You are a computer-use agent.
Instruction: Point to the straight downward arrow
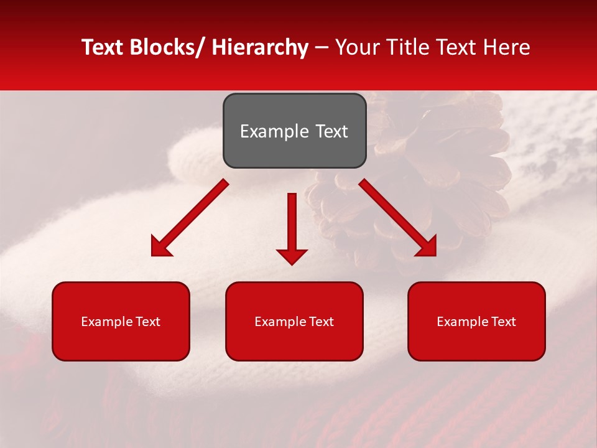point(292,224)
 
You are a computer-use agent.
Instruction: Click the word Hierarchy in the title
point(259,47)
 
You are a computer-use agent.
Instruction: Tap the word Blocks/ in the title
point(169,47)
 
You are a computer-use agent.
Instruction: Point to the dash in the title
point(322,47)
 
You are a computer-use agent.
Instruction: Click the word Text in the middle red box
point(320,322)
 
